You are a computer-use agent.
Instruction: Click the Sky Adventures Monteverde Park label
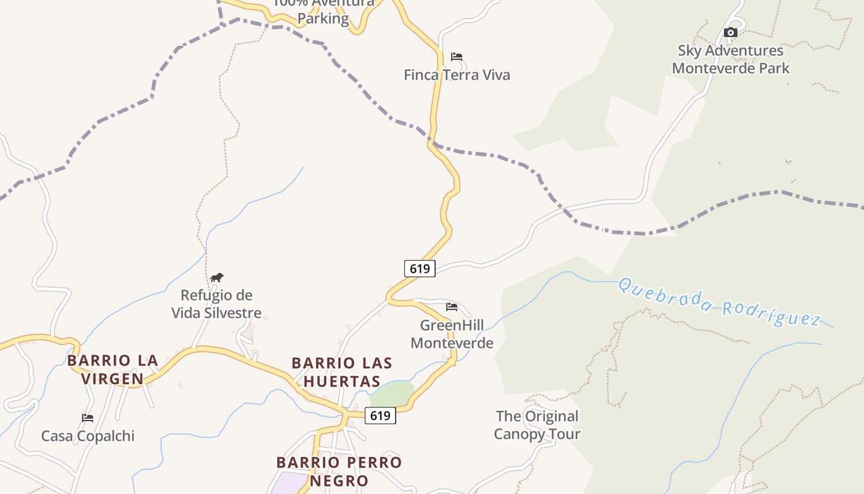click(x=731, y=59)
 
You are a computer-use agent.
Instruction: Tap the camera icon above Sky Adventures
click(x=731, y=32)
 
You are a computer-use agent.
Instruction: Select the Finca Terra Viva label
click(x=457, y=75)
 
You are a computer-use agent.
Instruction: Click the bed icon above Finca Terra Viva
click(x=457, y=57)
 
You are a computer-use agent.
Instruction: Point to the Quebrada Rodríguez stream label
click(x=719, y=302)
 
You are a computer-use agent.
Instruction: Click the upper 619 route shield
click(x=420, y=269)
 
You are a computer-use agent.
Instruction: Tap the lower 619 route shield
click(x=380, y=416)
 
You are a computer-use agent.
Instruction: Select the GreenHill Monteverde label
click(x=452, y=334)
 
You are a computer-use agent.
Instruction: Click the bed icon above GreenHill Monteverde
click(x=452, y=306)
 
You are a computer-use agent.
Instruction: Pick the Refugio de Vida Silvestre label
click(x=217, y=304)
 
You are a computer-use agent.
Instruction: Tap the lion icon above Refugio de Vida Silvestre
click(x=217, y=277)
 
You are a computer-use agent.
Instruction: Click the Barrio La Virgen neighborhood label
click(x=113, y=369)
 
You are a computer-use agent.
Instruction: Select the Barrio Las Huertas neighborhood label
click(x=342, y=372)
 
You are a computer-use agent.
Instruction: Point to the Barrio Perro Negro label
click(x=339, y=471)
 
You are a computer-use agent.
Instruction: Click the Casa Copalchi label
click(x=88, y=436)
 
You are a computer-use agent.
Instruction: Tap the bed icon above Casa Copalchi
click(x=88, y=418)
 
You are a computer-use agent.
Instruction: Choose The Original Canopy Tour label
click(x=537, y=425)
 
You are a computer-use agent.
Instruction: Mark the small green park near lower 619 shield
click(x=393, y=393)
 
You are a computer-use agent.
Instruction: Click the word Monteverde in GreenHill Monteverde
click(x=452, y=343)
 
